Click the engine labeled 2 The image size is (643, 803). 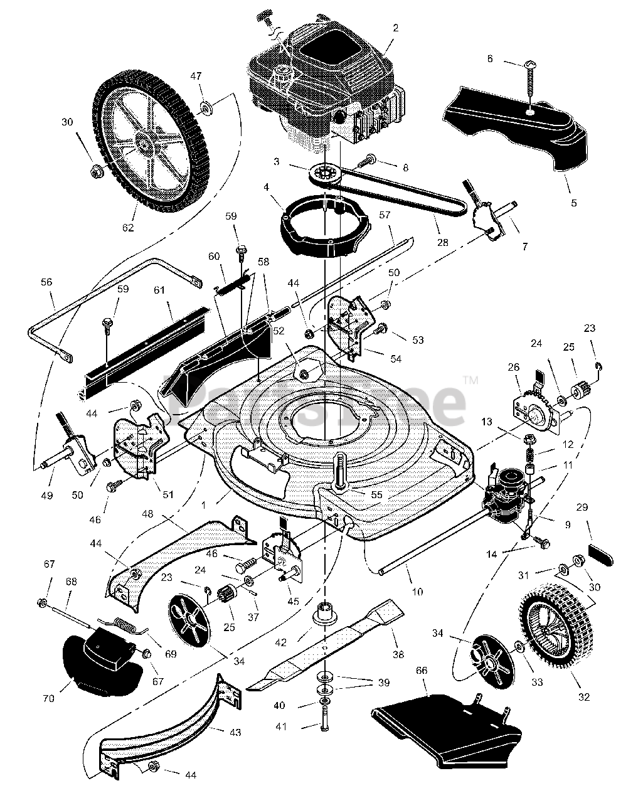320,82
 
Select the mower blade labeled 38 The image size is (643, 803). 332,646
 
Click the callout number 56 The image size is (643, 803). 46,283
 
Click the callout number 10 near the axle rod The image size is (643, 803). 417,592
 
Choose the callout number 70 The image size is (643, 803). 49,697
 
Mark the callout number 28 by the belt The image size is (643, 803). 438,224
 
